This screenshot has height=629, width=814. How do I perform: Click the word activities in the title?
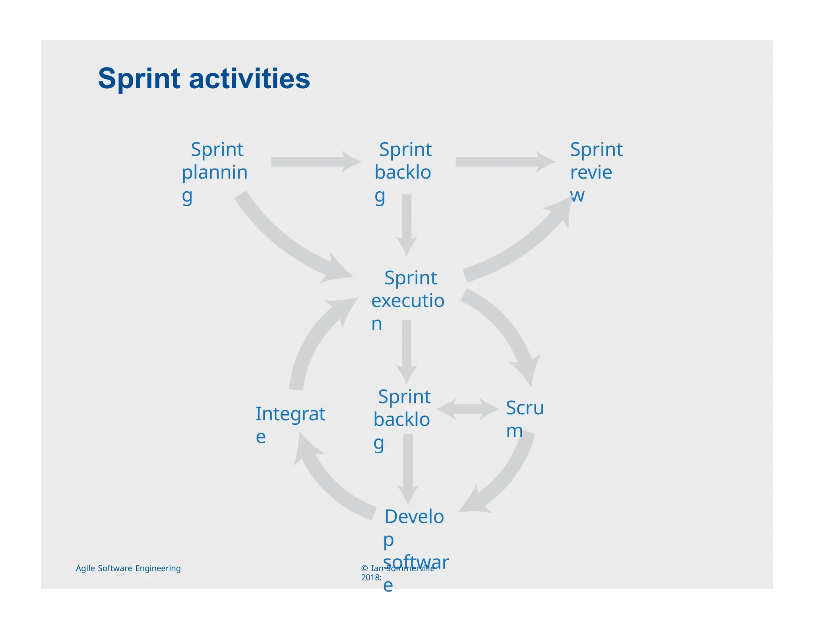click(249, 79)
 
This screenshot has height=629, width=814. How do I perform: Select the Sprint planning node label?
click(215, 172)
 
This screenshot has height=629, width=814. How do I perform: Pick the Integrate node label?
click(290, 415)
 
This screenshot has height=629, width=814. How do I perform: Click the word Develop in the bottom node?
click(414, 517)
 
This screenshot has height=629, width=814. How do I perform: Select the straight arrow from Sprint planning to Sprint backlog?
click(314, 162)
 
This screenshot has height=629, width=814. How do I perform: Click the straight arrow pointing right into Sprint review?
click(503, 162)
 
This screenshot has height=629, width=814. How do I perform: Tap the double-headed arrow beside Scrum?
click(467, 409)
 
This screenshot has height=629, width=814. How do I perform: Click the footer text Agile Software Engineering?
click(128, 568)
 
